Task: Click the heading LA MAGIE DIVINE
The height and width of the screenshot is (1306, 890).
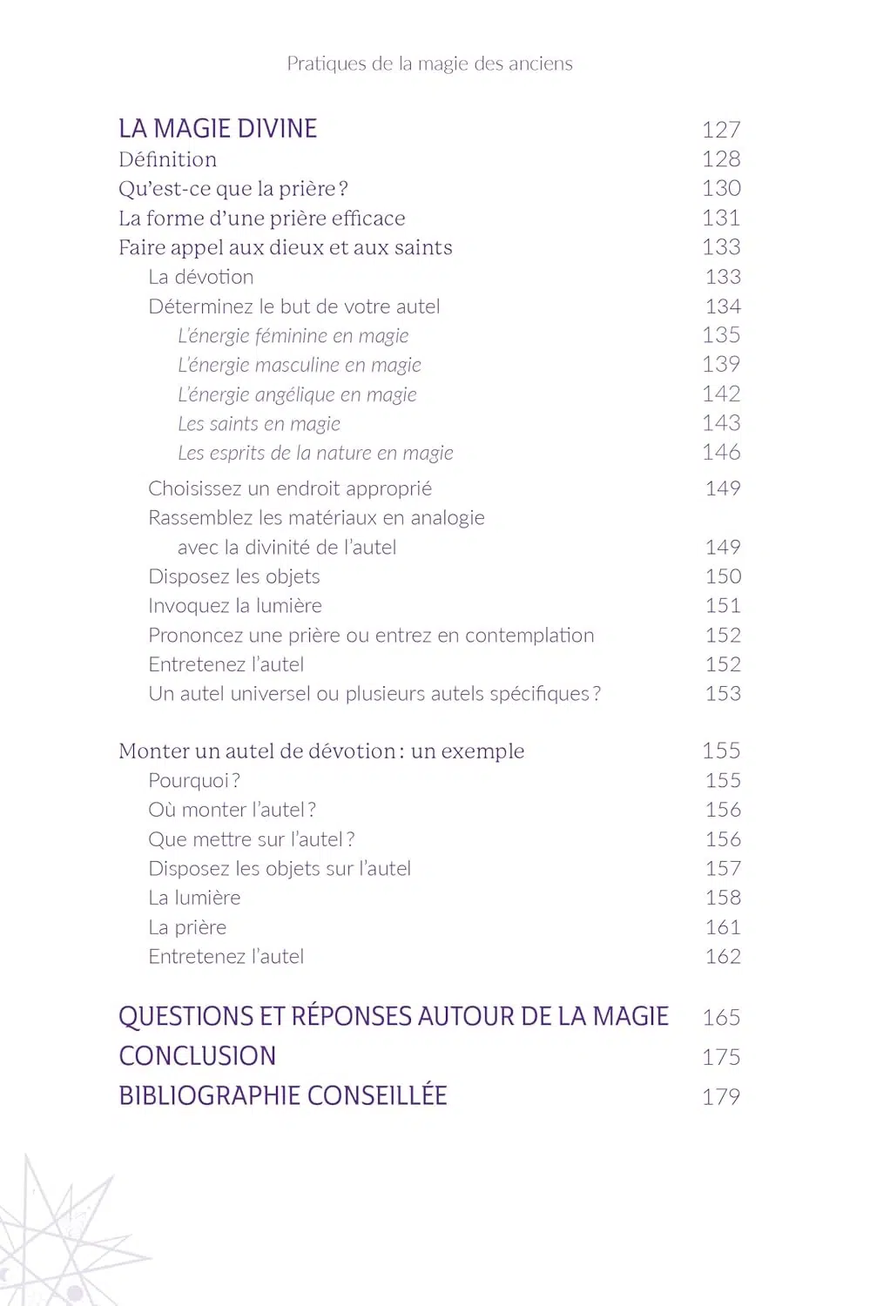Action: (218, 129)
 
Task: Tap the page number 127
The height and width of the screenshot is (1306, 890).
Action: (721, 130)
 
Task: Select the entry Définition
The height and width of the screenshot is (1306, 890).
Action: (167, 159)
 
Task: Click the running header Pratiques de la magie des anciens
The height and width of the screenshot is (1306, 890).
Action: (429, 64)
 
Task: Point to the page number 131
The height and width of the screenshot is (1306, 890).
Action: (721, 218)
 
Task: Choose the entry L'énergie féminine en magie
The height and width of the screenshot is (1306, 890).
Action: (293, 336)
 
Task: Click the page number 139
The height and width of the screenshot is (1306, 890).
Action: (721, 365)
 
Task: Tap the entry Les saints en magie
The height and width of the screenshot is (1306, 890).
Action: (259, 424)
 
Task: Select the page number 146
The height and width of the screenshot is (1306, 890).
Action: (721, 453)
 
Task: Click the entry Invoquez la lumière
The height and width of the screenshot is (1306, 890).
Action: (235, 606)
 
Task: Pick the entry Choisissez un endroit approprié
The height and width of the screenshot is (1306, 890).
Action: (290, 488)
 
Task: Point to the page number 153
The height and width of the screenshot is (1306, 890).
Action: (723, 694)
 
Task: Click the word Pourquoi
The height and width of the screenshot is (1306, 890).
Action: (188, 781)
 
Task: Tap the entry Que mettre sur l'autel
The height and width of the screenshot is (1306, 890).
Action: (251, 839)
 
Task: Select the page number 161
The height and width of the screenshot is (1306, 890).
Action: (723, 927)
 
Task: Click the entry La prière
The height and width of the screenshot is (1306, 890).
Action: (187, 927)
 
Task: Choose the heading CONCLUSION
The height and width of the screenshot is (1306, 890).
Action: (197, 1056)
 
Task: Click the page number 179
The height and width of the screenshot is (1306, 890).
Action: (721, 1096)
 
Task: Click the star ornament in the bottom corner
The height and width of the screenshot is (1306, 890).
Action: (61, 1236)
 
